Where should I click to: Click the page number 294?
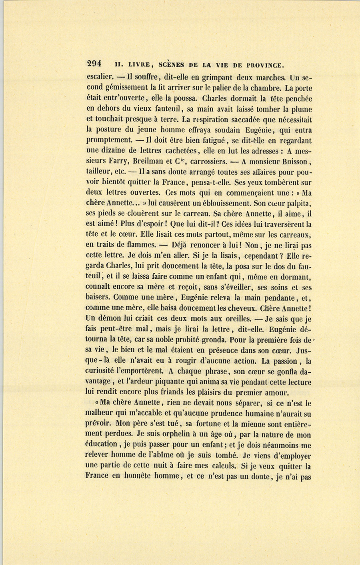point(94,64)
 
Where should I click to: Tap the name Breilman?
point(150,162)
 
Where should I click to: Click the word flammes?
point(136,245)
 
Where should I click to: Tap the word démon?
point(110,319)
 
